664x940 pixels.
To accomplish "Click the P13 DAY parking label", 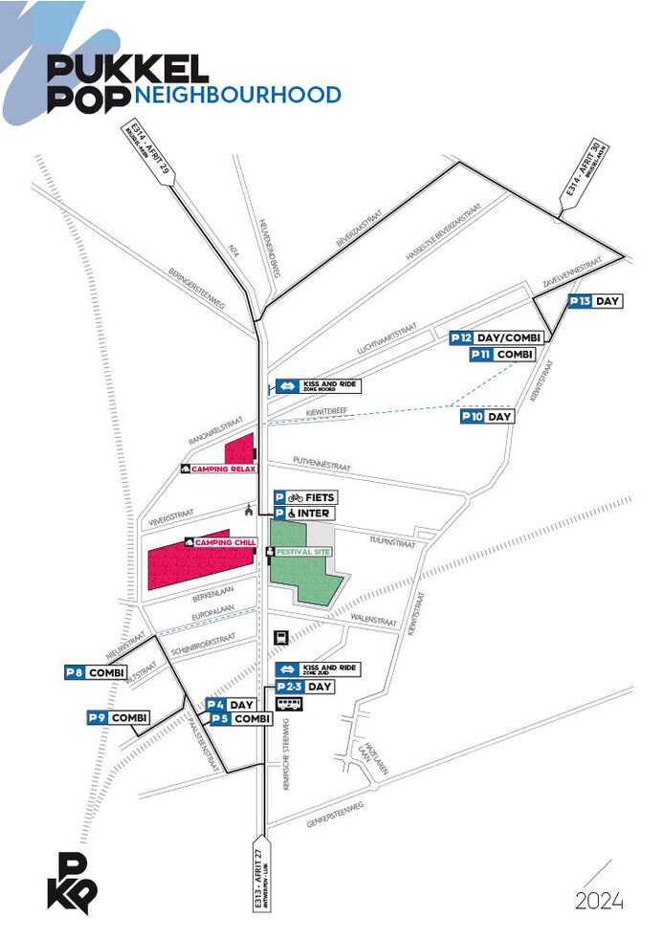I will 595,301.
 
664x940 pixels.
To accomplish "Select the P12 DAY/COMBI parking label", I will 498,338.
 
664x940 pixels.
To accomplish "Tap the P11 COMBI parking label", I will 501,355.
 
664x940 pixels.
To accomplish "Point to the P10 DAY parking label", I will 487,417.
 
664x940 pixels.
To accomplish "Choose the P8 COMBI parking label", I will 95,673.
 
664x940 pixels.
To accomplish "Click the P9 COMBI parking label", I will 118,717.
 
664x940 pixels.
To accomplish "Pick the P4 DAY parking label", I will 231,705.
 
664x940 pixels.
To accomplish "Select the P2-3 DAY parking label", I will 304,687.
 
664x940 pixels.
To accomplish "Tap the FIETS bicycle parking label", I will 305,497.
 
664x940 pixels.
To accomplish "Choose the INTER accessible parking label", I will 305,514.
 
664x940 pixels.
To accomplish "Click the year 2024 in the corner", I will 599,901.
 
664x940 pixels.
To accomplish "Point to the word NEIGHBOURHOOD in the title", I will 238,96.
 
